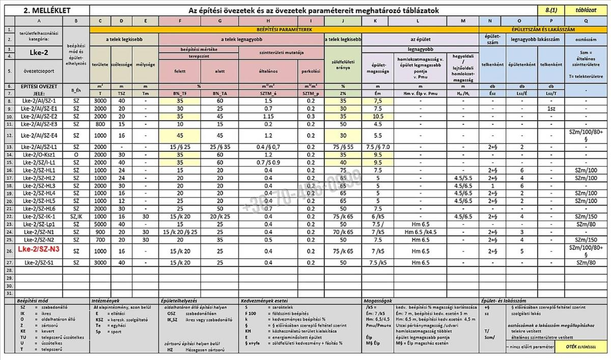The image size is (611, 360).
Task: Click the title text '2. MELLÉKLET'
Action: [39, 10]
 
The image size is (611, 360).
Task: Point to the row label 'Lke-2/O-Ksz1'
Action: [39, 154]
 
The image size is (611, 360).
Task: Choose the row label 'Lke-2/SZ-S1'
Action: [39, 263]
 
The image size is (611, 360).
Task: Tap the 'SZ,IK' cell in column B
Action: [76, 216]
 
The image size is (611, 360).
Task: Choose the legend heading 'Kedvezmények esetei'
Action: [260, 301]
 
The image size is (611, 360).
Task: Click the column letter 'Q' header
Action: [587, 21]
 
